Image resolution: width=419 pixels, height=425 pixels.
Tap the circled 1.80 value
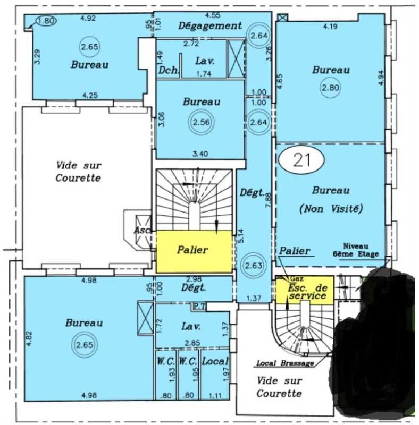[x=46, y=21]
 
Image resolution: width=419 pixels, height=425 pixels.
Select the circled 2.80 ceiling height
[x=330, y=88]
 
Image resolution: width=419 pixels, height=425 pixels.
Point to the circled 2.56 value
[x=202, y=122]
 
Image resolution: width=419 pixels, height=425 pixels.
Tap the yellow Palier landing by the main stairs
[x=193, y=251]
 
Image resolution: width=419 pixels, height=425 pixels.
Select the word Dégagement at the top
[x=210, y=25]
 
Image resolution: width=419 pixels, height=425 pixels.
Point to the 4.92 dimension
[x=88, y=19]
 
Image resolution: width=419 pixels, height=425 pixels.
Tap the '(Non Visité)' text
[x=331, y=209]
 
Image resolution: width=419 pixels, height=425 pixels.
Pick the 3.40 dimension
[x=200, y=155]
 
